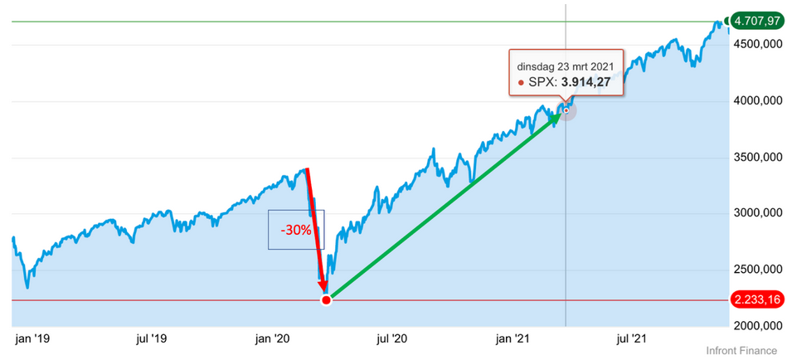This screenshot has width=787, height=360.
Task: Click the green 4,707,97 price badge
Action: click(754, 22)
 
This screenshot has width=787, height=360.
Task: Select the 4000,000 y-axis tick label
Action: click(757, 100)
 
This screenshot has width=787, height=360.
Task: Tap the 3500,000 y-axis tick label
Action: click(757, 157)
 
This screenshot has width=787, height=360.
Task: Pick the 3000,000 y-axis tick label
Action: click(757, 213)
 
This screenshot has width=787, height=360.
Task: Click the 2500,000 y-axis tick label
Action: click(757, 270)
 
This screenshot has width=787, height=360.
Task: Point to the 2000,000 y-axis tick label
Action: click(757, 325)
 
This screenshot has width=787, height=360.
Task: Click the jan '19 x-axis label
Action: click(32, 338)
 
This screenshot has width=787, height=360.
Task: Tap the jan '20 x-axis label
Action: click(274, 338)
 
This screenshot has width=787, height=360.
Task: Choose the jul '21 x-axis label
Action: click(634, 338)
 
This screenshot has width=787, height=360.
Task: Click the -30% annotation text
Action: click(294, 230)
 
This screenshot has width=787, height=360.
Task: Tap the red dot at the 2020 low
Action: click(326, 299)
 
